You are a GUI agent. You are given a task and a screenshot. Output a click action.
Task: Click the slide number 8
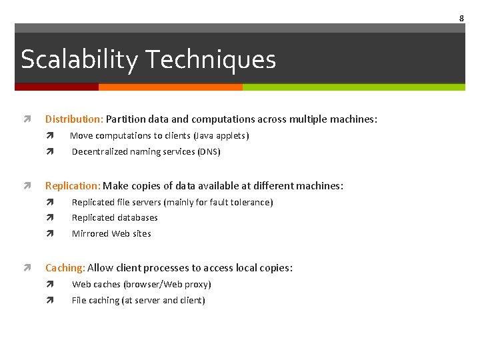[461, 18]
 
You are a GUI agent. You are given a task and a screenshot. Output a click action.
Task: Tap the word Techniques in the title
[211, 60]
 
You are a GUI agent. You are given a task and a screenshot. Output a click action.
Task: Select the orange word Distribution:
[74, 119]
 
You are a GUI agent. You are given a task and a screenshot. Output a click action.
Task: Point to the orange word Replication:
[73, 186]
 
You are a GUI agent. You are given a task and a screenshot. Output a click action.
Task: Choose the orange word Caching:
[65, 268]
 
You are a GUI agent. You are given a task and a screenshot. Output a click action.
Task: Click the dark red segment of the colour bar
[57, 87]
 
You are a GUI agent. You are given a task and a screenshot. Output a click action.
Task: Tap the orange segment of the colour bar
[170, 87]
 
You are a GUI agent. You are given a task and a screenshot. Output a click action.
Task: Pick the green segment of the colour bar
[353, 87]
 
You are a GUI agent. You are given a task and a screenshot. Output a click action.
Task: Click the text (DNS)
[209, 151]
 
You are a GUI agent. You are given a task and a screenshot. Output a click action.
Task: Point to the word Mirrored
[90, 233]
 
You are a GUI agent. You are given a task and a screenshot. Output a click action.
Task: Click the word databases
[139, 217]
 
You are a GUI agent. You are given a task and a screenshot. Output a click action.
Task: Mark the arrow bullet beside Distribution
[26, 119]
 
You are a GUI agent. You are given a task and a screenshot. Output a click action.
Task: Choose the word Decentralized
[99, 151]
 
